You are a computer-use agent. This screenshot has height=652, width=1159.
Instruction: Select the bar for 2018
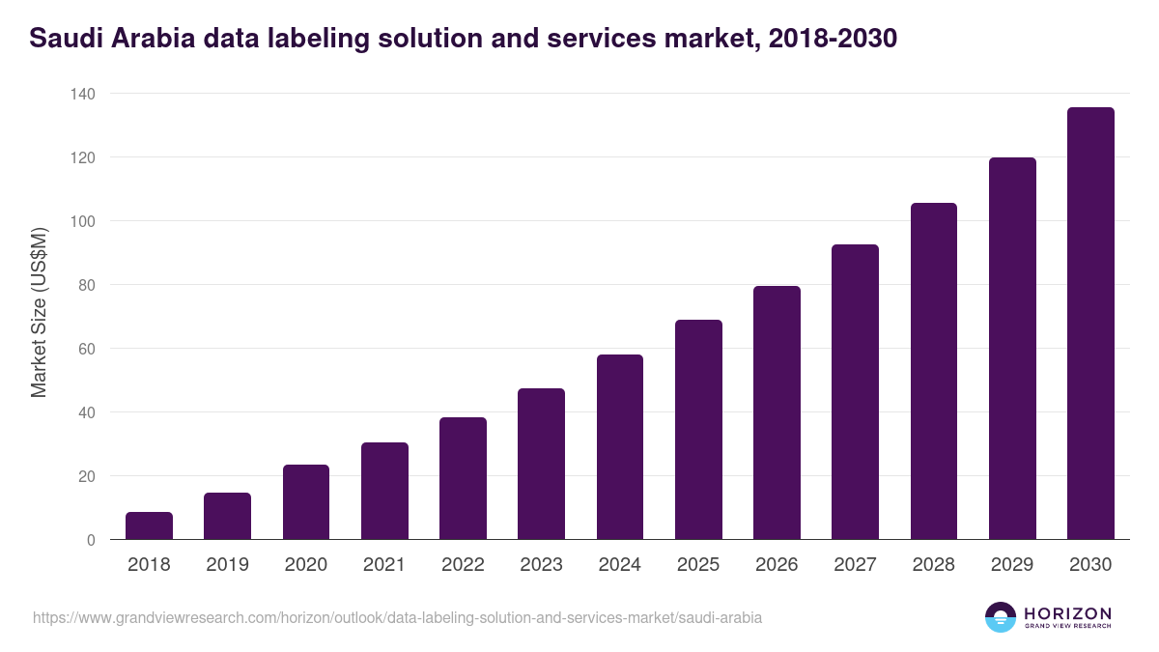(x=149, y=525)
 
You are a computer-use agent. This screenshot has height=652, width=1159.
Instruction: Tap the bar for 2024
(x=620, y=446)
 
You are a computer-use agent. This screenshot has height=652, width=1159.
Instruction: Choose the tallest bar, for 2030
(x=1090, y=324)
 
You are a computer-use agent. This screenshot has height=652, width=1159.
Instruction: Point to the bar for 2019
(x=227, y=516)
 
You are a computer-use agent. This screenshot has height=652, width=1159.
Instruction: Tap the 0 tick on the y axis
(x=90, y=540)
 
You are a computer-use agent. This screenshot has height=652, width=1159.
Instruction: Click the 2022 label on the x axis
(x=463, y=565)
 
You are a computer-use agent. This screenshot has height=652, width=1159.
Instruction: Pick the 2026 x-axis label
(x=777, y=565)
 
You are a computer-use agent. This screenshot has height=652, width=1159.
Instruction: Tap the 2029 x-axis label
(x=1012, y=565)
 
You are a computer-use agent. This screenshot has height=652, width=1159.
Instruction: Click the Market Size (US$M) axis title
(x=39, y=314)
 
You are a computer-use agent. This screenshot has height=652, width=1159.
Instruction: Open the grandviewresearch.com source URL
(x=397, y=617)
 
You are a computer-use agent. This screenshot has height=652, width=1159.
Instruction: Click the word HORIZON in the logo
(x=1067, y=613)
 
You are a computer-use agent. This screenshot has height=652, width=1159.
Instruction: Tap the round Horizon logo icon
(x=1001, y=617)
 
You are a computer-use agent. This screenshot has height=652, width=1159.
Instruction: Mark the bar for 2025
(x=698, y=429)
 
